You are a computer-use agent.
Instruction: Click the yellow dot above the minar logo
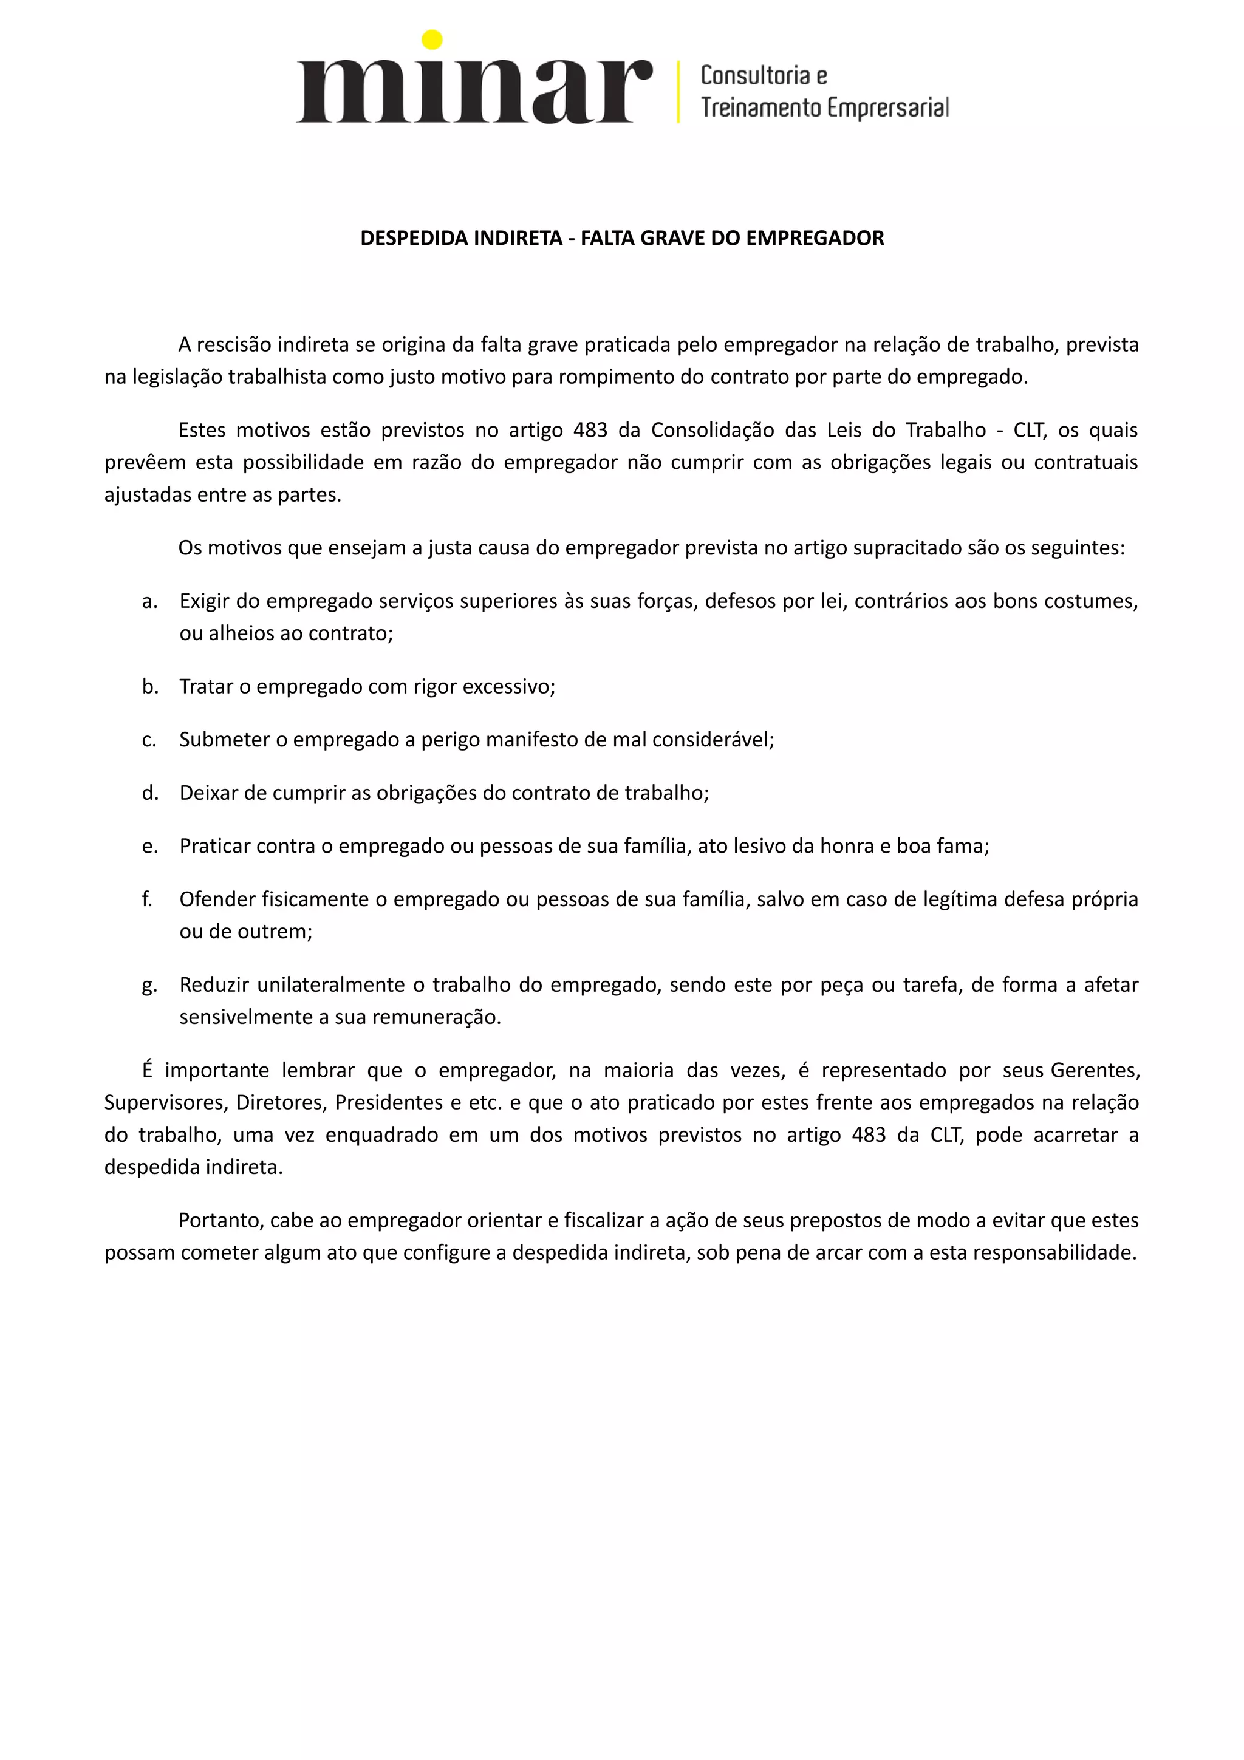point(432,39)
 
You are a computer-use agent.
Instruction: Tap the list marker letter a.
point(149,601)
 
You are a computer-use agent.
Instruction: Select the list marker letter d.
point(150,793)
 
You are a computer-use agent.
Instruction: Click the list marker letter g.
point(149,985)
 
